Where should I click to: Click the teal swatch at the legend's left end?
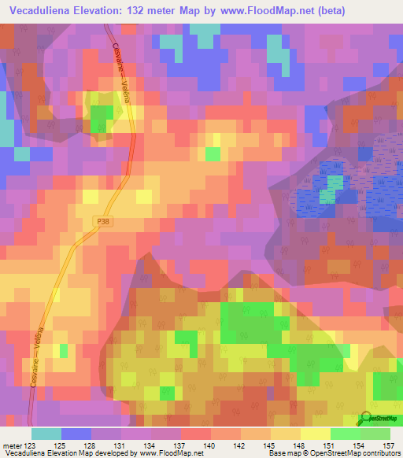click(x=46, y=434)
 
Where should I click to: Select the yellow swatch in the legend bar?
click(x=316, y=434)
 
